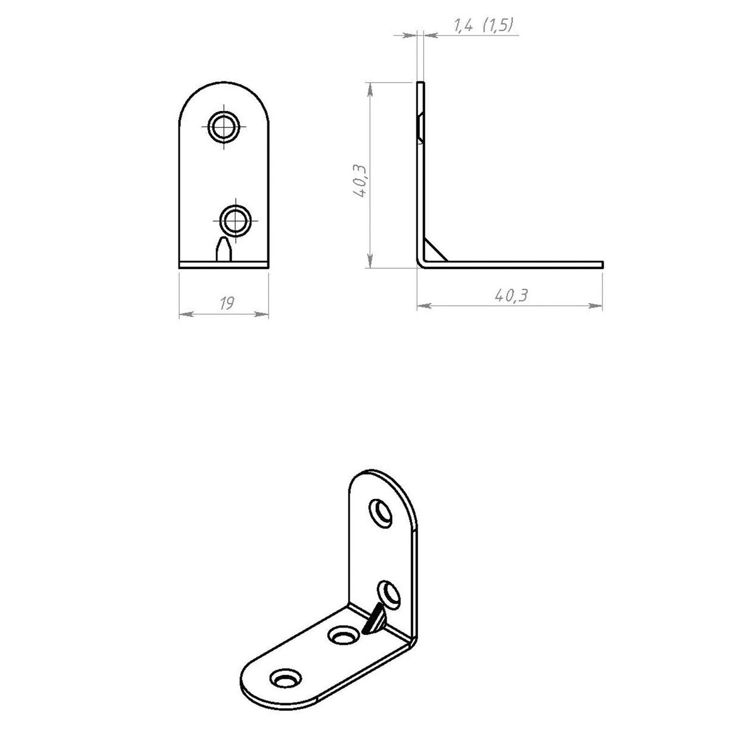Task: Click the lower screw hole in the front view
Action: coord(235,220)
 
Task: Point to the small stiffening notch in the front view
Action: coord(223,249)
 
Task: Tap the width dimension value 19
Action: coord(227,303)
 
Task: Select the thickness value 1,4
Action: coord(463,26)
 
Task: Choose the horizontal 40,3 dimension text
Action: coord(511,296)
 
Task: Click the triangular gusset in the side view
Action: coord(434,251)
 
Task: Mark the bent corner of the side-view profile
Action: coord(421,263)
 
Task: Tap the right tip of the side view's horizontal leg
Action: coord(601,264)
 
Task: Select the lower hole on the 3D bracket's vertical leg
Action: coord(389,592)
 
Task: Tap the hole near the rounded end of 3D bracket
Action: coord(285,679)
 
